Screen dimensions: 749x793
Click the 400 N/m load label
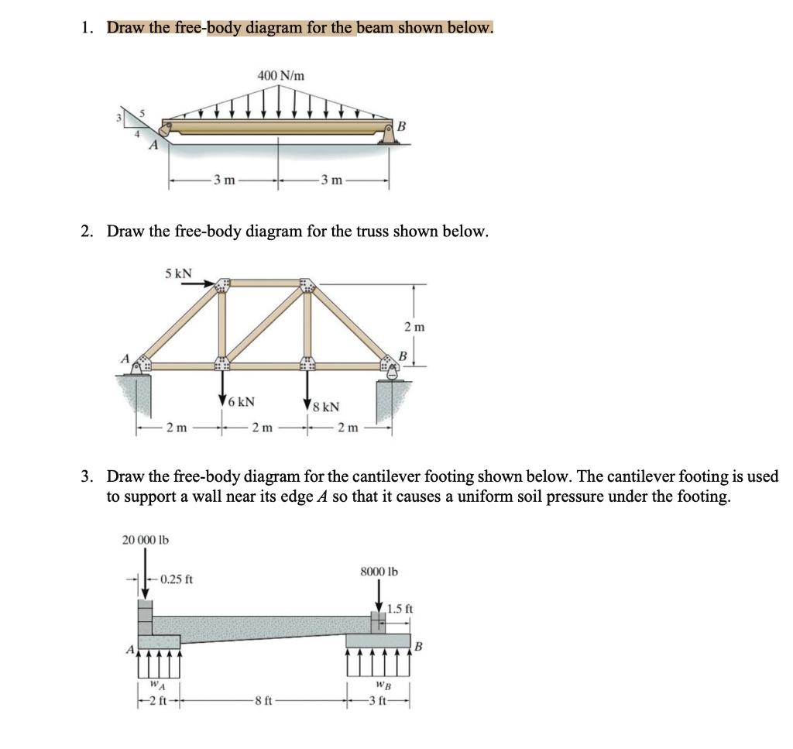click(280, 75)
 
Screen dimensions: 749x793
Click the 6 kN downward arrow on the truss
click(223, 383)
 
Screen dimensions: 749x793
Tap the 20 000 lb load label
click(146, 538)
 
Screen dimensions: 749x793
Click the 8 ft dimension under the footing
click(265, 703)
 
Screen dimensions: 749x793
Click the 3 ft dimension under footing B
click(380, 703)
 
